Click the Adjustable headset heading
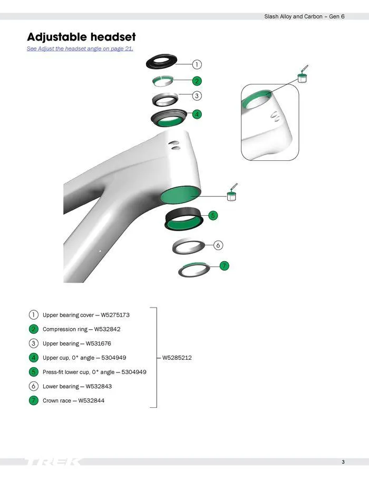point(81,37)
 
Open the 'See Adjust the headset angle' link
point(80,49)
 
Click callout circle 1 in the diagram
point(197,65)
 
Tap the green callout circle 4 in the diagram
point(197,114)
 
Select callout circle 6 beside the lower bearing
point(219,245)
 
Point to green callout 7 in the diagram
point(225,265)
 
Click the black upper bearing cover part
point(161,62)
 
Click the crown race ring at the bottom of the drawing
point(195,269)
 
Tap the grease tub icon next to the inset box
point(303,77)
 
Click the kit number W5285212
point(177,358)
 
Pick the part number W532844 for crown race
point(91,400)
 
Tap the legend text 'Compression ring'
point(62,329)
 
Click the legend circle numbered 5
point(34,372)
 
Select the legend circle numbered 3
point(34,343)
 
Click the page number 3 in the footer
point(343,463)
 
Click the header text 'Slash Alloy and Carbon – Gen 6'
point(304,17)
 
